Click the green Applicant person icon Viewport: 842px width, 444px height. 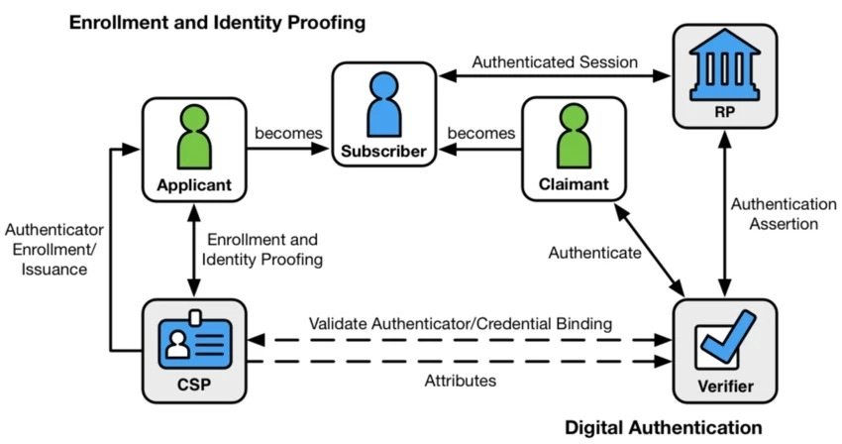pos(194,137)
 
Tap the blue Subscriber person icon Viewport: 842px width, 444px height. pos(384,104)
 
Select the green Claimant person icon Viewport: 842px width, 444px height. pos(574,136)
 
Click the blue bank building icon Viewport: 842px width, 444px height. pos(724,65)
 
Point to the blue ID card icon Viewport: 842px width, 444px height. pos(194,340)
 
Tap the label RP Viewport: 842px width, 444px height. pos(725,112)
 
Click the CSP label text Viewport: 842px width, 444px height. pos(194,385)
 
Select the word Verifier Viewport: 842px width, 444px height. pos(725,386)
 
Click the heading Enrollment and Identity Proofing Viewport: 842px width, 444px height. pos(218,23)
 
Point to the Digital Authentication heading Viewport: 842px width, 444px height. pos(663,428)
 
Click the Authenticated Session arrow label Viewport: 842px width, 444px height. pos(555,61)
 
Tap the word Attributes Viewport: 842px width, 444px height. pos(461,381)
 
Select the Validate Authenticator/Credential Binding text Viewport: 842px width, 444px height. pos(461,324)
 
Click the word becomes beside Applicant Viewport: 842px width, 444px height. pos(288,133)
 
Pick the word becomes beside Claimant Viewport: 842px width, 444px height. pos(481,133)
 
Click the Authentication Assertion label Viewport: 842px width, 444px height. pos(784,214)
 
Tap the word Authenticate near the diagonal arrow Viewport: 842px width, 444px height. pos(594,252)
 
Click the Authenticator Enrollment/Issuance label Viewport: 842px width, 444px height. pos(54,250)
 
